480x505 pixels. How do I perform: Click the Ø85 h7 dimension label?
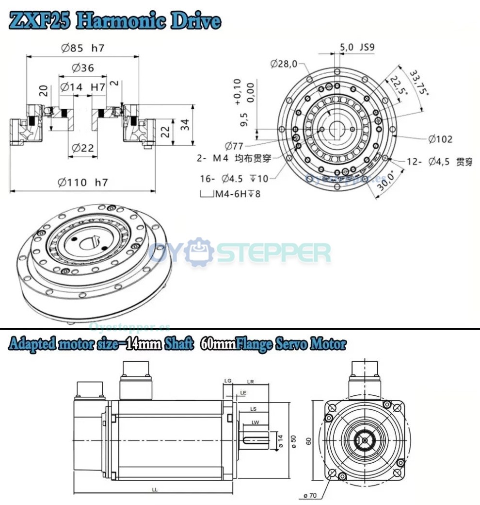[83, 48]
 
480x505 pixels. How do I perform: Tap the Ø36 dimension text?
[83, 68]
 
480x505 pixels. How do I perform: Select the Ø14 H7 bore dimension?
[83, 87]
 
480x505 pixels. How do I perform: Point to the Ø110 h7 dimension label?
[83, 183]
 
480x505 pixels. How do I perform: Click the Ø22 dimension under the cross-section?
[83, 148]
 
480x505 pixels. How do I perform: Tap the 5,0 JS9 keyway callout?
[357, 47]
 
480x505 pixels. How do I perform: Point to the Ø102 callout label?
[440, 139]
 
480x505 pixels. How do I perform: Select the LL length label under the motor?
[155, 490]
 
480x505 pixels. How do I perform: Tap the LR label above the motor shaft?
[251, 382]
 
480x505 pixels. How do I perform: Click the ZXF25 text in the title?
[41, 21]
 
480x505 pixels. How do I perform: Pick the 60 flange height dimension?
[308, 440]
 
